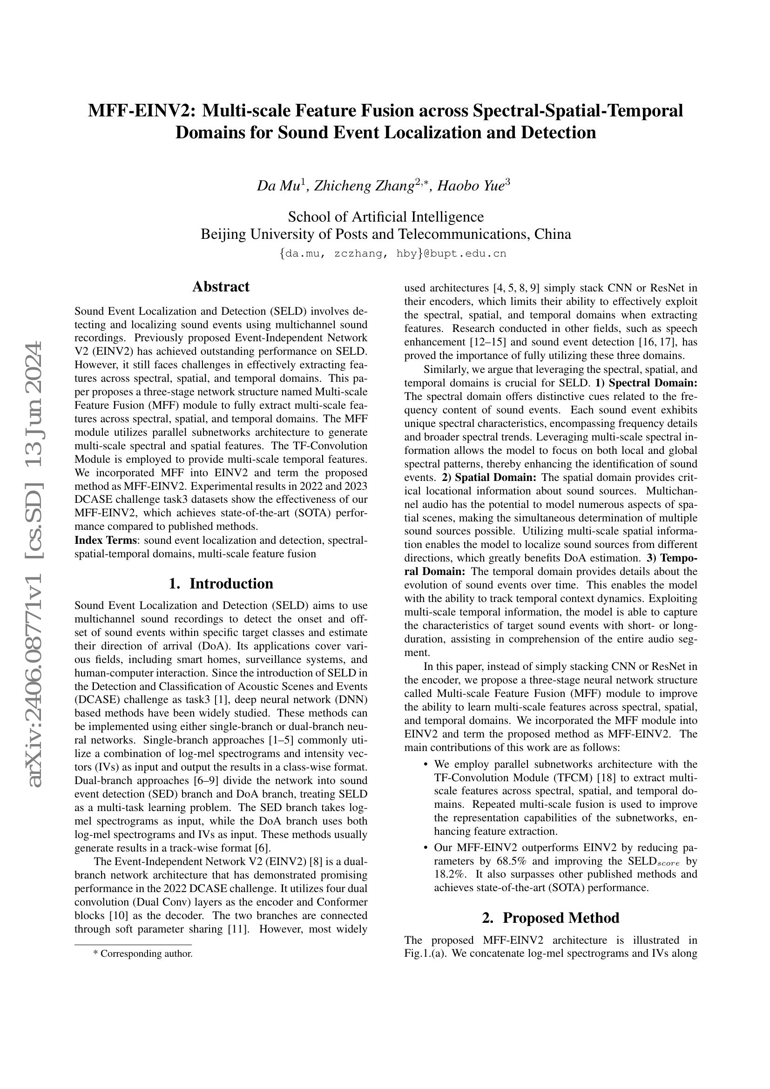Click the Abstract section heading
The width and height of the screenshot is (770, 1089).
(x=221, y=286)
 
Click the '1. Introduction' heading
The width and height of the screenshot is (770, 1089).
(x=221, y=583)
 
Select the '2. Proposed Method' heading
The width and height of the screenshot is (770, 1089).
(x=550, y=918)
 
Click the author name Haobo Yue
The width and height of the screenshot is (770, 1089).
(x=471, y=186)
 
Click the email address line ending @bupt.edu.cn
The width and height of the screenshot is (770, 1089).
(x=392, y=254)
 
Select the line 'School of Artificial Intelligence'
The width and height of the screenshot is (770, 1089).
(x=385, y=217)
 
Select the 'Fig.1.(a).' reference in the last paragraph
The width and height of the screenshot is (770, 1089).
(x=426, y=954)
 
